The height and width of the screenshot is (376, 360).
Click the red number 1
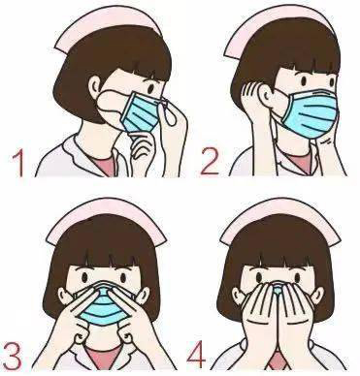(18, 164)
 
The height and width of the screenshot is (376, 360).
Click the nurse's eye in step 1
(151, 88)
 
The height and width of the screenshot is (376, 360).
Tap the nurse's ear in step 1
(96, 85)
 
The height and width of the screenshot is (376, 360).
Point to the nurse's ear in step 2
(266, 93)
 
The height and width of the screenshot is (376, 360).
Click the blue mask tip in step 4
(278, 288)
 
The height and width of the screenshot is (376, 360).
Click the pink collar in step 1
(104, 164)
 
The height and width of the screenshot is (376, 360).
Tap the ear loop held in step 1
(168, 112)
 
